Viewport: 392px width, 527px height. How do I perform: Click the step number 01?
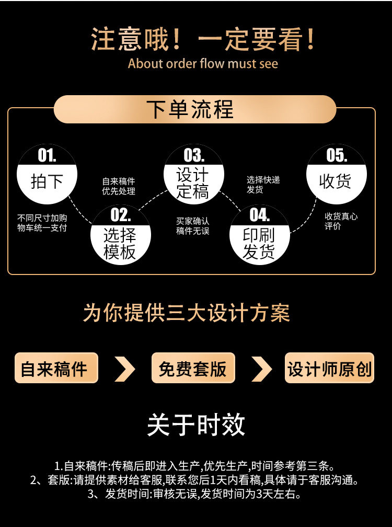pyautogui.click(x=47, y=155)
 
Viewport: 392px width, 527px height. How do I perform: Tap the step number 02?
pyautogui.click(x=121, y=215)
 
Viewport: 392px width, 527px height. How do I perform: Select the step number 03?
pyautogui.click(x=194, y=155)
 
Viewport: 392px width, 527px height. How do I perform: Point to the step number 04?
pyautogui.click(x=260, y=215)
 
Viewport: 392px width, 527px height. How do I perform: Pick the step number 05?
pyautogui.click(x=336, y=155)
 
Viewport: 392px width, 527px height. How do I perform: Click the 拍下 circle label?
pyautogui.click(x=47, y=181)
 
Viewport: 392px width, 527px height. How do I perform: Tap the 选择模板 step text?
pyautogui.click(x=120, y=243)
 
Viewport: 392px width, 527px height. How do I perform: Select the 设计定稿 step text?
pyautogui.click(x=193, y=184)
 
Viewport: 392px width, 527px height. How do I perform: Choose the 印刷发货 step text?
pyautogui.click(x=259, y=243)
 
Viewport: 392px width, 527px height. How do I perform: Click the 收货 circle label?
pyautogui.click(x=335, y=181)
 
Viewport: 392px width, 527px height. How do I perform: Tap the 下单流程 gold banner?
pyautogui.click(x=195, y=109)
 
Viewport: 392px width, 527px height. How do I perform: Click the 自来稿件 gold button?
pyautogui.click(x=56, y=368)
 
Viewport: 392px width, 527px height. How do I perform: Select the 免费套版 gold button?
pyautogui.click(x=193, y=368)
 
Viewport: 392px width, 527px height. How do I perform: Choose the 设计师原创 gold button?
pyautogui.click(x=329, y=368)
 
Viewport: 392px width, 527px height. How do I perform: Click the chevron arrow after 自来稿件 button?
pyautogui.click(x=125, y=369)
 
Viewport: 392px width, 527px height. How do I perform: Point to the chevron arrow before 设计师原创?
pyautogui.click(x=262, y=369)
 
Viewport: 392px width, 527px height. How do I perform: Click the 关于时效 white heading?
pyautogui.click(x=196, y=425)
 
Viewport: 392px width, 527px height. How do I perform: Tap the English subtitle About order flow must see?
pyautogui.click(x=203, y=63)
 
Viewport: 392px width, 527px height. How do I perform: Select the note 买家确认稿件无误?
pyautogui.click(x=193, y=226)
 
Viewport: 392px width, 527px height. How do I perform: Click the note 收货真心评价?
pyautogui.click(x=341, y=221)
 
